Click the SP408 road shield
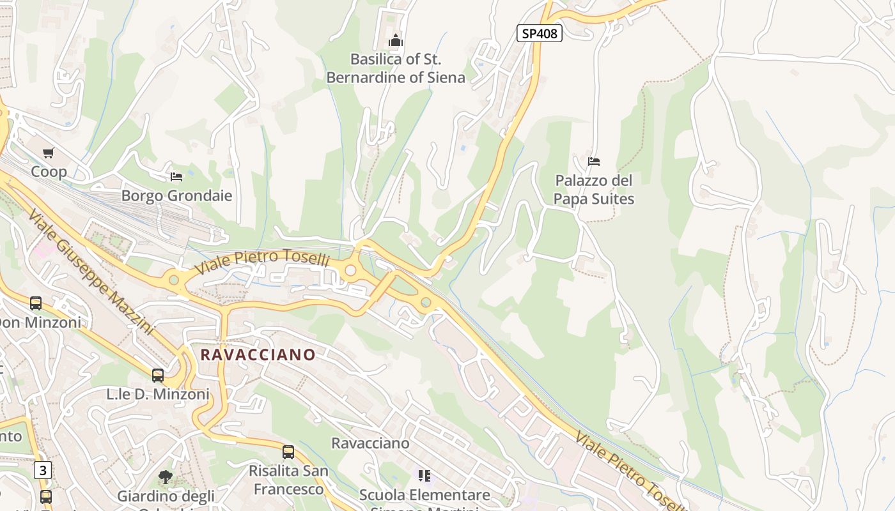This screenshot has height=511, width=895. pyautogui.click(x=539, y=33)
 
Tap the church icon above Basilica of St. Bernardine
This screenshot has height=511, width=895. pyautogui.click(x=396, y=42)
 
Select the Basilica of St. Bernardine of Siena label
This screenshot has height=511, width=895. pyautogui.click(x=396, y=68)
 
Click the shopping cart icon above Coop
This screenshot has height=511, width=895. pyautogui.click(x=49, y=153)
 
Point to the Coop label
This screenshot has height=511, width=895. pyautogui.click(x=49, y=172)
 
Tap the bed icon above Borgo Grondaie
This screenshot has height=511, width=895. pyautogui.click(x=176, y=176)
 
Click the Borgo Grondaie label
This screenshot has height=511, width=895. pyautogui.click(x=176, y=195)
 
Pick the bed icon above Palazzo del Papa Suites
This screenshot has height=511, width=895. pyautogui.click(x=594, y=161)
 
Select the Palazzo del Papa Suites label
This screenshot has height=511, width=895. pyautogui.click(x=594, y=190)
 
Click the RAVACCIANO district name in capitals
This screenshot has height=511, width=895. pyautogui.click(x=258, y=355)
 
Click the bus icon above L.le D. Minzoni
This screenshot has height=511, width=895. pyautogui.click(x=158, y=375)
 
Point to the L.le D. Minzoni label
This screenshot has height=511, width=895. pyautogui.click(x=158, y=395)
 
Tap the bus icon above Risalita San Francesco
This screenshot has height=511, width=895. pyautogui.click(x=288, y=452)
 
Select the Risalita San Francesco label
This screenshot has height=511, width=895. pyautogui.click(x=288, y=480)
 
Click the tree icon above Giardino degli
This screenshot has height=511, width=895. pyautogui.click(x=165, y=477)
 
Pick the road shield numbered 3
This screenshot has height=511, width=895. pyautogui.click(x=42, y=471)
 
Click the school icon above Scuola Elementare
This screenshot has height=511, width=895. pyautogui.click(x=424, y=475)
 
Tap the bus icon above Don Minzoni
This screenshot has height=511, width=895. pyautogui.click(x=36, y=303)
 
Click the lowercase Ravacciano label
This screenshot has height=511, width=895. pyautogui.click(x=370, y=443)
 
